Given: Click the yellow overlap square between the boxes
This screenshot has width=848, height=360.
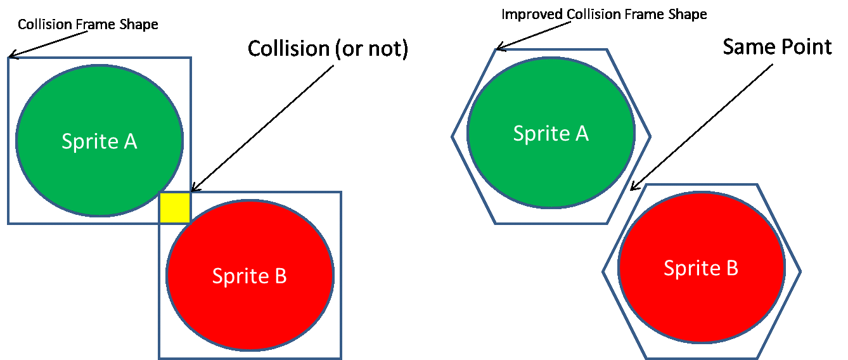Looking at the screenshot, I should (175, 208).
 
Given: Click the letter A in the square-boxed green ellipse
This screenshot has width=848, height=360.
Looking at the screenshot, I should (130, 141).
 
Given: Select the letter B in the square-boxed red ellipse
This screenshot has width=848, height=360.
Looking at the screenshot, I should (280, 276).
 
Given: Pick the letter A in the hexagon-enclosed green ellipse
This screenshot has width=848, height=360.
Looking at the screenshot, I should (581, 133).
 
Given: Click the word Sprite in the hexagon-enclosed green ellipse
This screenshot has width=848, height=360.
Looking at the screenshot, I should (540, 134).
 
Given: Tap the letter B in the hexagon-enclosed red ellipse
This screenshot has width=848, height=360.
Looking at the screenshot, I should (731, 268).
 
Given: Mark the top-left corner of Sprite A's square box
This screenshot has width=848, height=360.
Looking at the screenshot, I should (8, 58).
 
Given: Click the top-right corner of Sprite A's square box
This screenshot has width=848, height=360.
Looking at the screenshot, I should (191, 58).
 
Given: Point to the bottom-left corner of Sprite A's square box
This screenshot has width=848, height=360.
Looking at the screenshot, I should (8, 223).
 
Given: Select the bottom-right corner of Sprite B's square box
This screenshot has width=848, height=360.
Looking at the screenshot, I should (341, 358).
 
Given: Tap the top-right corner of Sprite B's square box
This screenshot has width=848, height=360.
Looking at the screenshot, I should (341, 192).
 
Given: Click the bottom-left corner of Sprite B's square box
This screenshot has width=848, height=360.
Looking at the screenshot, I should (159, 358).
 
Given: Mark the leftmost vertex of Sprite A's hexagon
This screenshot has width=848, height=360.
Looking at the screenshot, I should (452, 136).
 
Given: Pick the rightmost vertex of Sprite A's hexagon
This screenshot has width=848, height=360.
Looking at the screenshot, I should (650, 136).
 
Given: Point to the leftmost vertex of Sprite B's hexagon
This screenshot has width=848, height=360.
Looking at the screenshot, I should (602, 272).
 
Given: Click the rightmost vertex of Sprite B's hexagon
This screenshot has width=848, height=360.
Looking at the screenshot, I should (800, 272).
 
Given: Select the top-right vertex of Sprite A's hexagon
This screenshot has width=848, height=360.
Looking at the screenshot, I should (607, 49).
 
